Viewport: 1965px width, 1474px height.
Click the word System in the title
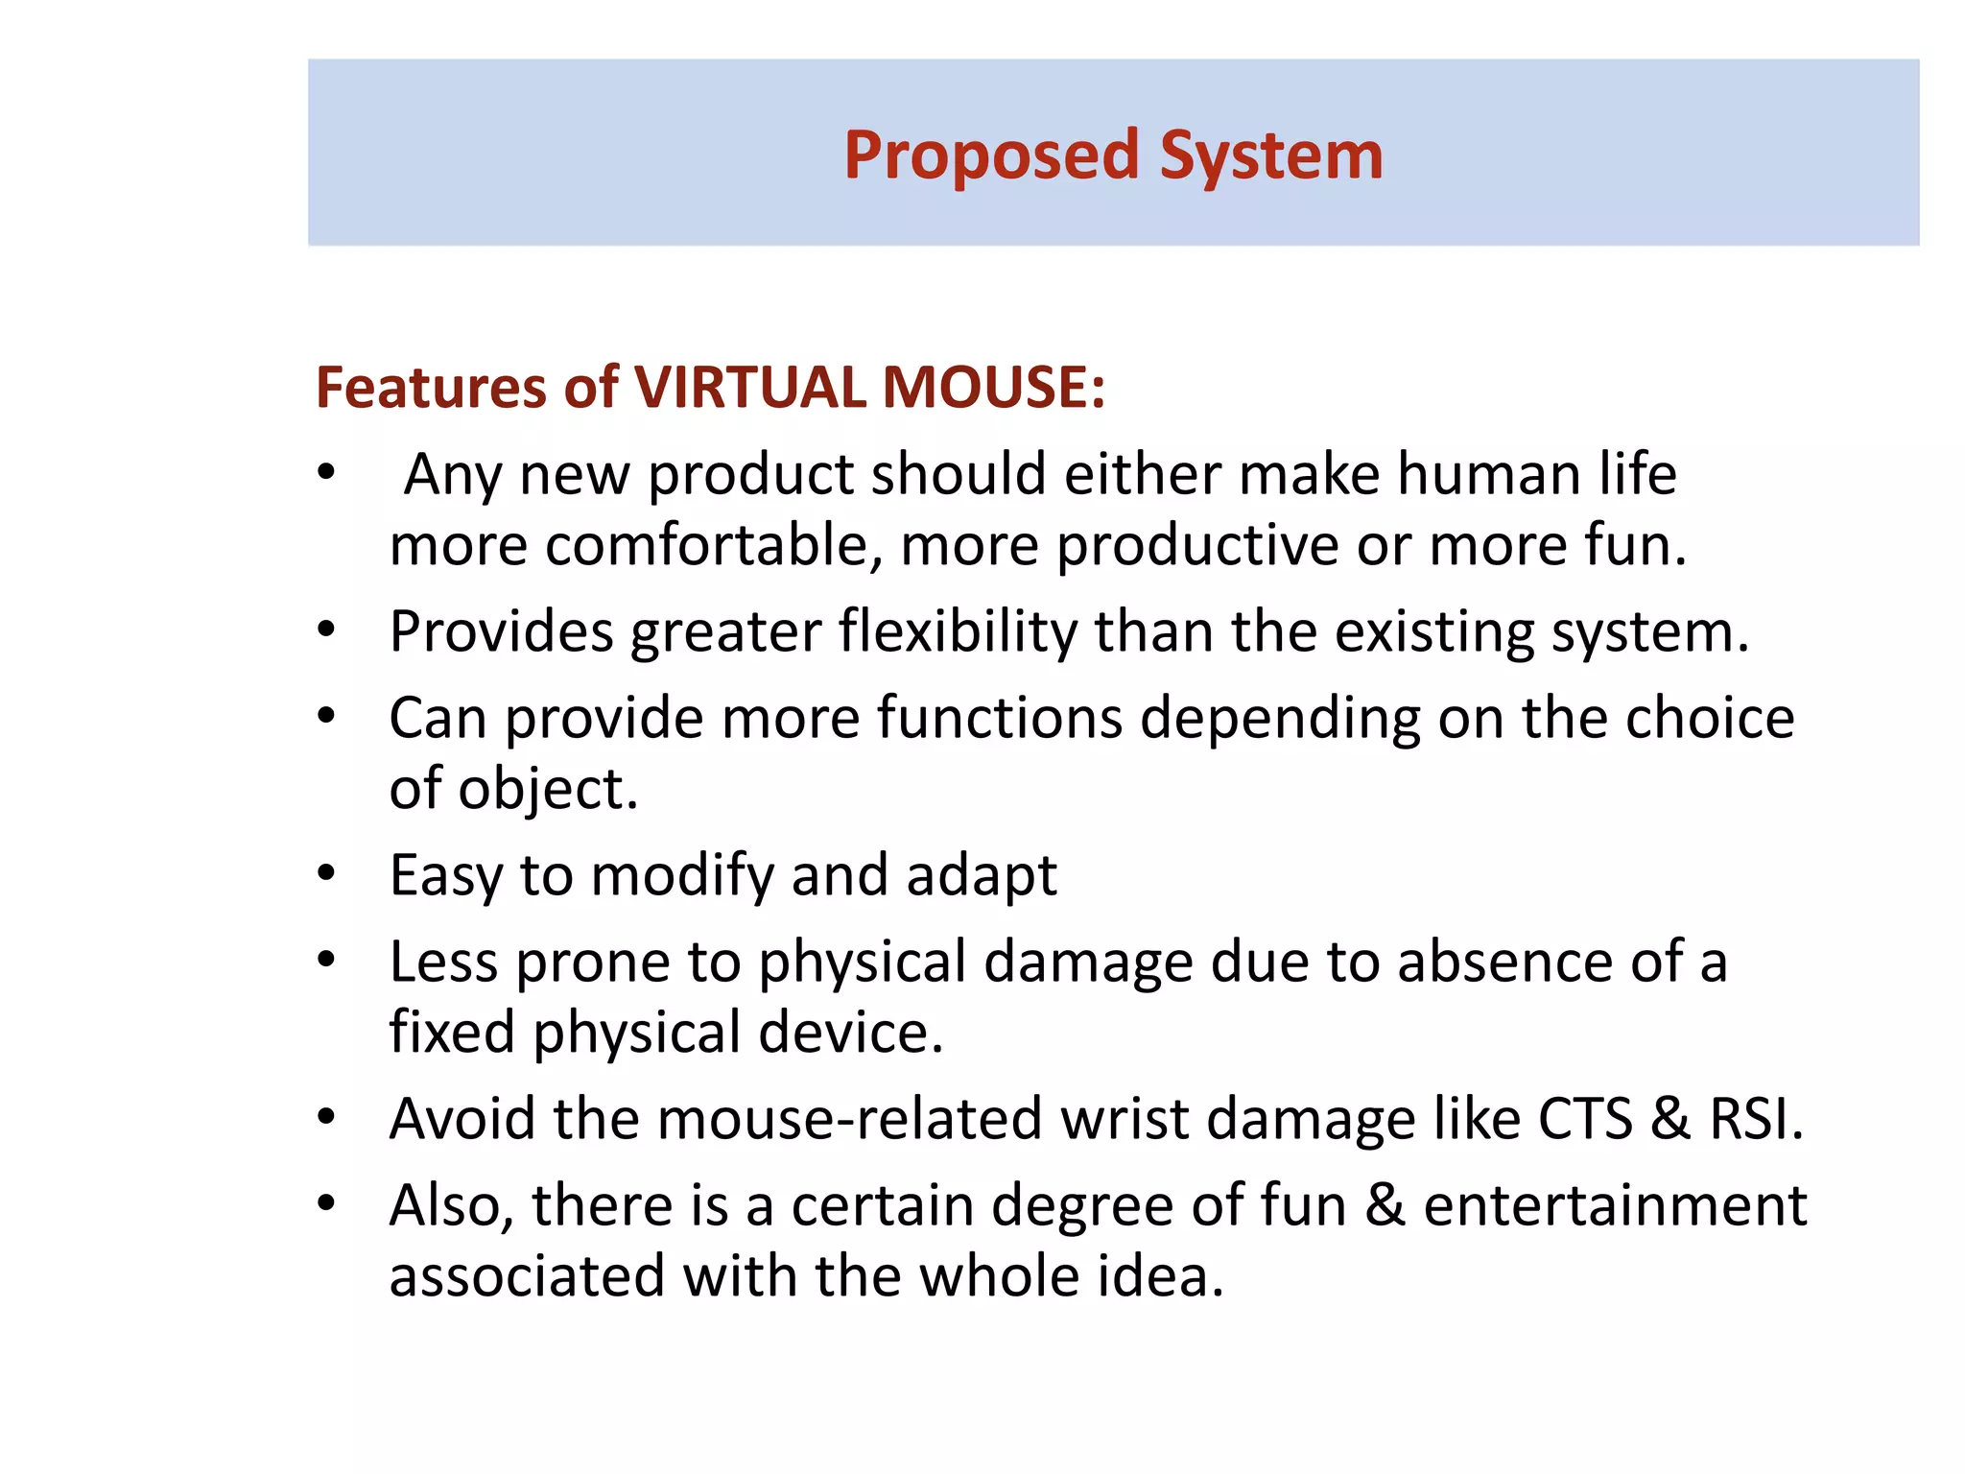point(1271,156)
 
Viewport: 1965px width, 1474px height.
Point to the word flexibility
point(959,633)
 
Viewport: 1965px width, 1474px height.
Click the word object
point(548,791)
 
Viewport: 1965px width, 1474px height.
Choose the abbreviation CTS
point(1585,1120)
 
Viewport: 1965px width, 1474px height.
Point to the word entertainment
point(1615,1206)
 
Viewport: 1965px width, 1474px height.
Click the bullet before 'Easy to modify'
point(327,873)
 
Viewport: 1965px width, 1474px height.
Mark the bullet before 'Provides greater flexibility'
point(327,630)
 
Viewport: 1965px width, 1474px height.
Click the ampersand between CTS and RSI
point(1670,1120)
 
